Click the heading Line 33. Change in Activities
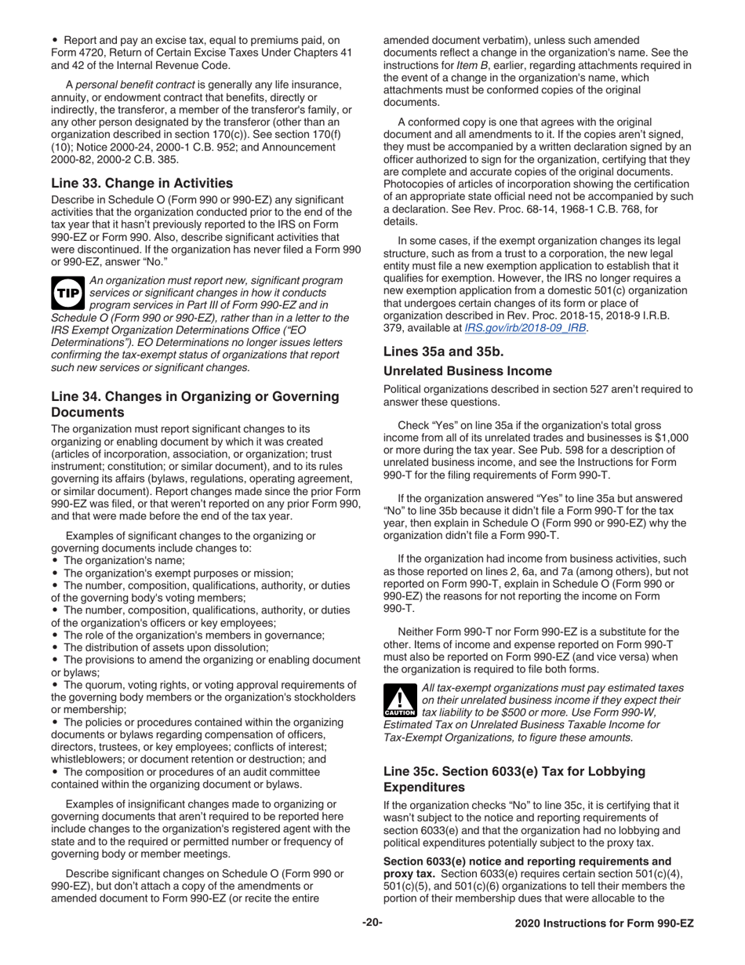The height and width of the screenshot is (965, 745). tap(142, 183)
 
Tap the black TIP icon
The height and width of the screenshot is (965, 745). tap(66, 293)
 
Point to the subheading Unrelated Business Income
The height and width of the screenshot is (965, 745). tap(467, 370)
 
